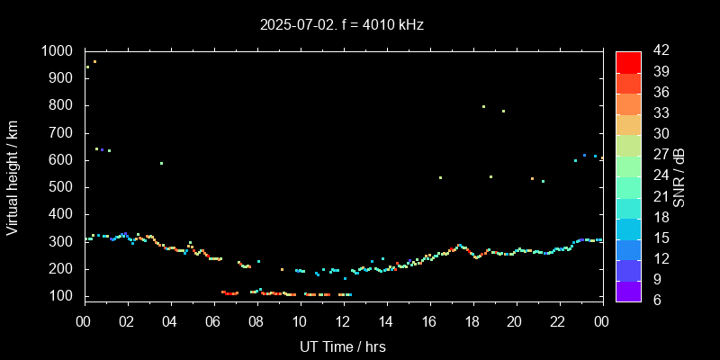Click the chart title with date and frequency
point(340,24)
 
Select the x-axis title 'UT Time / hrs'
point(342,346)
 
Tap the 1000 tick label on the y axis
point(58,51)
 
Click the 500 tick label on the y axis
point(63,187)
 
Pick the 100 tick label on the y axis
point(63,296)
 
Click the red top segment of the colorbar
point(628,61)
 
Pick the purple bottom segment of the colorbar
point(628,290)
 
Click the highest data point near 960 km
point(94,62)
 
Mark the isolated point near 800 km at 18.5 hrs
point(483,106)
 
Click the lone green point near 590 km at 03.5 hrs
point(161,163)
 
